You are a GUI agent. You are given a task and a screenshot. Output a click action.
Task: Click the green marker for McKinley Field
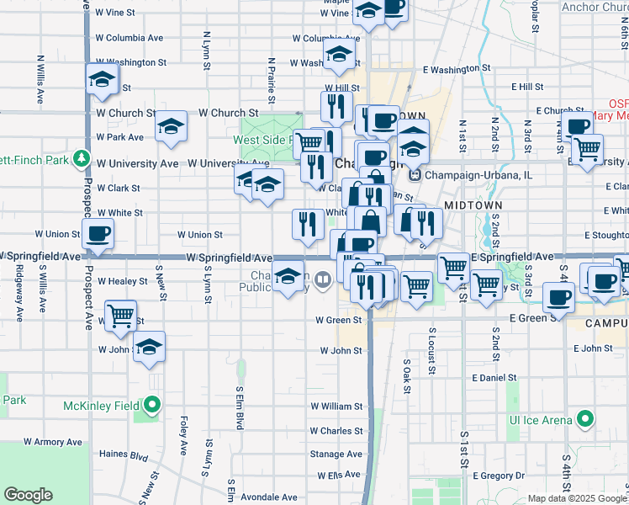(x=151, y=406)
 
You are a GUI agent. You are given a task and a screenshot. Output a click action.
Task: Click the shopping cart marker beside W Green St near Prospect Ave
(x=121, y=316)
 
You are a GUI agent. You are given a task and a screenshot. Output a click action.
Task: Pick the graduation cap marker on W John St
(x=149, y=347)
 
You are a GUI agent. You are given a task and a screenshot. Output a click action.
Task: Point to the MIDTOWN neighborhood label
(x=473, y=205)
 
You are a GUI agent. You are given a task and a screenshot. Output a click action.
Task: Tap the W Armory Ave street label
(x=53, y=441)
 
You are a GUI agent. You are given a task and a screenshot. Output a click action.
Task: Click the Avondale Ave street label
(x=269, y=496)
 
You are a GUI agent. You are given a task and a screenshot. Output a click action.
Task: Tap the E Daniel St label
(x=494, y=379)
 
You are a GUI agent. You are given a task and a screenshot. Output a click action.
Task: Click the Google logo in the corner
(x=28, y=495)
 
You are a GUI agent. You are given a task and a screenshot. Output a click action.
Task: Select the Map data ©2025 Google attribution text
(x=577, y=498)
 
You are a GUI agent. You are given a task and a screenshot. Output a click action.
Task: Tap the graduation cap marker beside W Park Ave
(x=171, y=127)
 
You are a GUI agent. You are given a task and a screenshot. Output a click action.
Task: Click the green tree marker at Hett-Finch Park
(x=82, y=157)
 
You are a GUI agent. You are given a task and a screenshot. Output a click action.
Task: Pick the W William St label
(x=336, y=406)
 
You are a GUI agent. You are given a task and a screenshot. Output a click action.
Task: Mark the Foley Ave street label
(x=183, y=435)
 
